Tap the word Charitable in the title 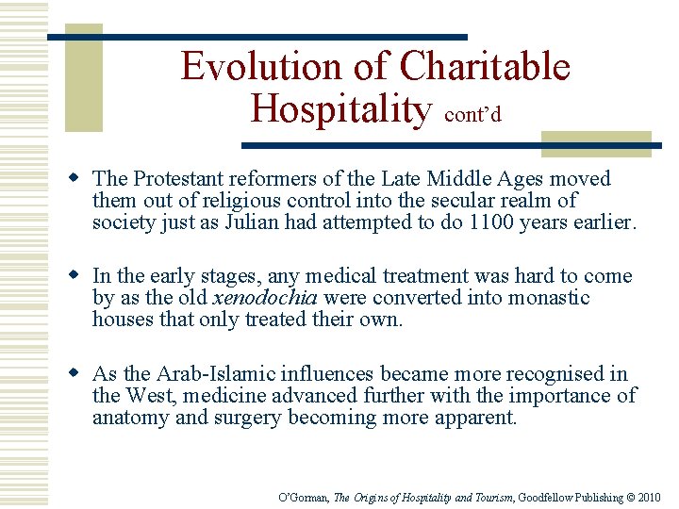485,67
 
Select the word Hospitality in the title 339,109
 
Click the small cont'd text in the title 472,114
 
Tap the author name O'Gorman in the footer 305,497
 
